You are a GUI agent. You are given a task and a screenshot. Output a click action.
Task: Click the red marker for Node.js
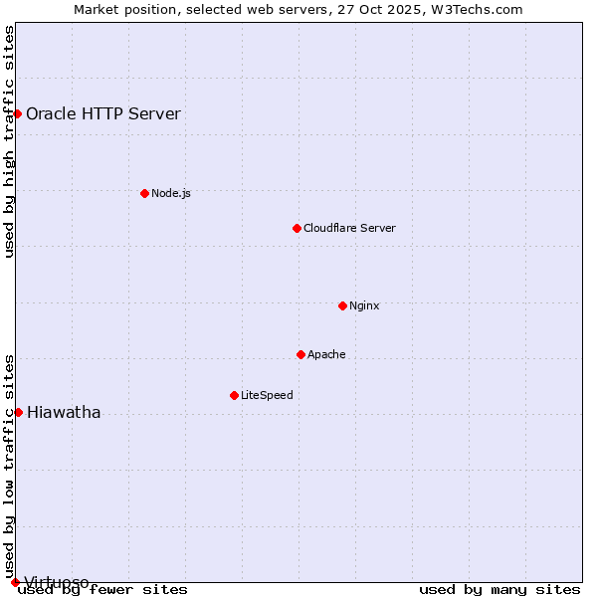pos(144,193)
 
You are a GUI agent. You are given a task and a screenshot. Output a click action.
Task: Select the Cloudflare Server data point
pos(297,228)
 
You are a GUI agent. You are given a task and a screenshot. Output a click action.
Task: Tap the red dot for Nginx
pos(342,305)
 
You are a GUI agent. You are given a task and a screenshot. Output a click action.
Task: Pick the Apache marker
pos(300,354)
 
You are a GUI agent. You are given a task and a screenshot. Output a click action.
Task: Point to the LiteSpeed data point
pos(234,395)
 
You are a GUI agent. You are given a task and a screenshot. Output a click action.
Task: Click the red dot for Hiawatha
pos(18,412)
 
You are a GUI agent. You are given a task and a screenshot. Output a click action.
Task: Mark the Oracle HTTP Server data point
pos(17,113)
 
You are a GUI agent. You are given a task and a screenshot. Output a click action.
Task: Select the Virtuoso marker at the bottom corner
pos(15,582)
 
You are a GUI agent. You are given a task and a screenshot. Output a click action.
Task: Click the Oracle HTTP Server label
pos(103,113)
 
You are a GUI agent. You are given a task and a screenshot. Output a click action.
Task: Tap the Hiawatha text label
pos(64,412)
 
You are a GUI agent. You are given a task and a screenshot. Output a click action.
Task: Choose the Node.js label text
pos(171,193)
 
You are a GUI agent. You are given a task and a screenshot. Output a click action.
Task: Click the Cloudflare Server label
pos(349,228)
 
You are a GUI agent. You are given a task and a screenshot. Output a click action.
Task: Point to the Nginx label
pos(364,305)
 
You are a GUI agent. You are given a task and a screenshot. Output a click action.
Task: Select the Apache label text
pos(326,354)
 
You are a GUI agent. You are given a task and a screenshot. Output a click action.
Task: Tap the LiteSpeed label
pos(267,395)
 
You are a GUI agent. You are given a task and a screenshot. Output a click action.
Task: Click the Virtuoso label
pos(57,581)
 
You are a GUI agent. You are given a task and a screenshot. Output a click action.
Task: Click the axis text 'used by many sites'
pos(499,590)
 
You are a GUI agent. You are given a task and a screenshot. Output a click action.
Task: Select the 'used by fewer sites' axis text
pos(103,590)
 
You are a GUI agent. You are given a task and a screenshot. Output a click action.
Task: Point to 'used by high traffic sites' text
pos(10,141)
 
